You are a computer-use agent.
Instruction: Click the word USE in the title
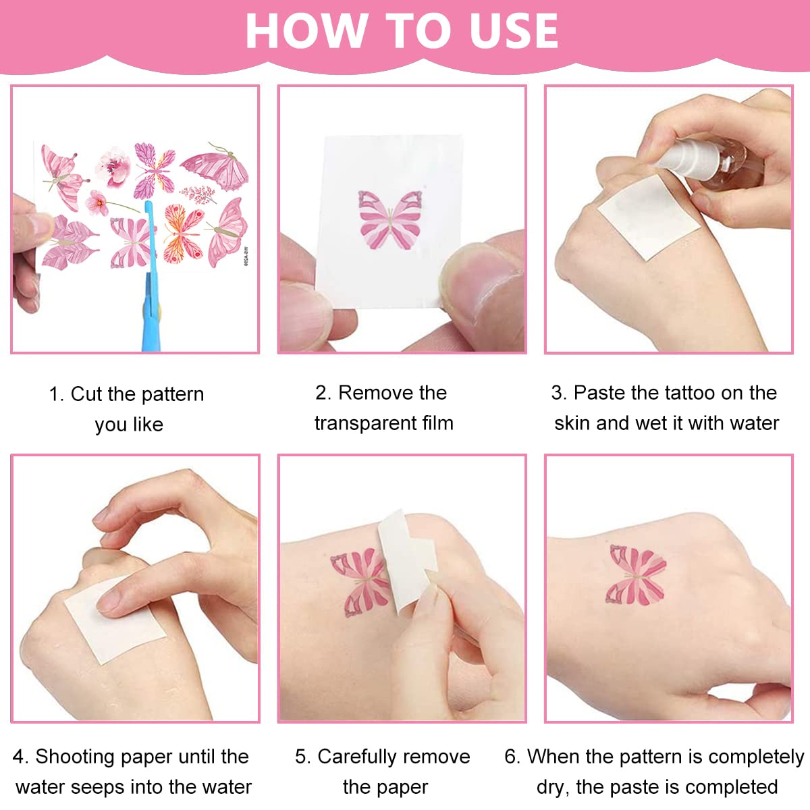(514, 30)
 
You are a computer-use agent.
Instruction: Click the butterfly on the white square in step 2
(391, 219)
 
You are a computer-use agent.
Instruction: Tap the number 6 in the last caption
(511, 757)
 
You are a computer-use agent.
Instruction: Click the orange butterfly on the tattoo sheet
(184, 233)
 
